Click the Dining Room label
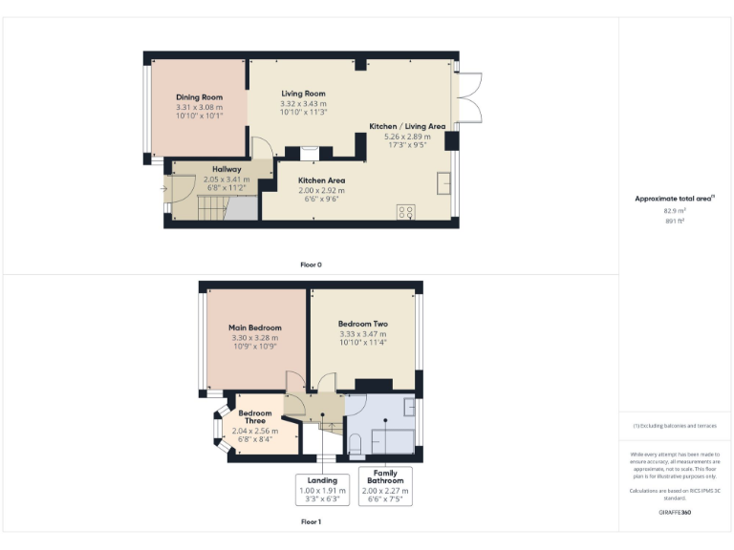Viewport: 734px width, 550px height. point(199,97)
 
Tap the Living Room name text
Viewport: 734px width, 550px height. point(303,94)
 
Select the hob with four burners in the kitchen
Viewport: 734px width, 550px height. point(405,211)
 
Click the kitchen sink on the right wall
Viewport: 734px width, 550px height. point(444,182)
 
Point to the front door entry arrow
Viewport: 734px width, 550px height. point(163,187)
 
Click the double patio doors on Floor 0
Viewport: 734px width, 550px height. point(467,98)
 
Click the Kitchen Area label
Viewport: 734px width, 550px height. point(321,180)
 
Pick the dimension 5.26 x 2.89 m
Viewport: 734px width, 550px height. point(408,137)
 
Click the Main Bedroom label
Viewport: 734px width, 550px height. point(254,328)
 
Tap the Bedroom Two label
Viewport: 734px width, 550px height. point(362,324)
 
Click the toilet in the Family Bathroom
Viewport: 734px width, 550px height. point(355,442)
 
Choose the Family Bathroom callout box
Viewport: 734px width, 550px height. point(384,488)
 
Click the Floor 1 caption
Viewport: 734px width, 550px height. point(311,522)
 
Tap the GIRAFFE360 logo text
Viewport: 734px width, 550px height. point(675,513)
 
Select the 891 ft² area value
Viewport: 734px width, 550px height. point(675,221)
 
